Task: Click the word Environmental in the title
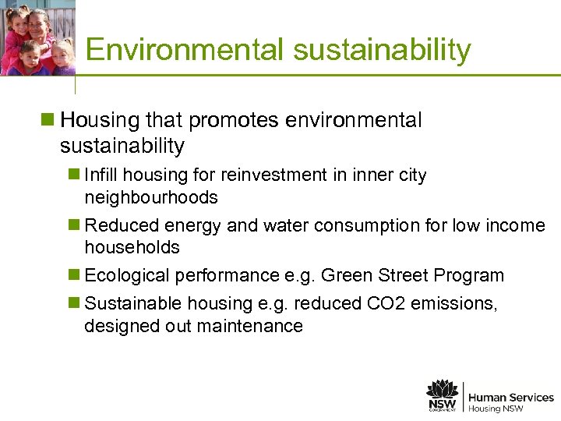click(x=185, y=50)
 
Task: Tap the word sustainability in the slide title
click(x=382, y=50)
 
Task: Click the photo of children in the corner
click(x=37, y=37)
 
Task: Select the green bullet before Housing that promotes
click(x=48, y=121)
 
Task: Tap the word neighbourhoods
click(x=151, y=197)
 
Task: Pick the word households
click(x=132, y=247)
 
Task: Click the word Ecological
click(x=127, y=276)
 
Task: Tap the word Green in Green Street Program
click(x=346, y=276)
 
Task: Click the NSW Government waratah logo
click(x=442, y=395)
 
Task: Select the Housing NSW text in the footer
click(x=496, y=409)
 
